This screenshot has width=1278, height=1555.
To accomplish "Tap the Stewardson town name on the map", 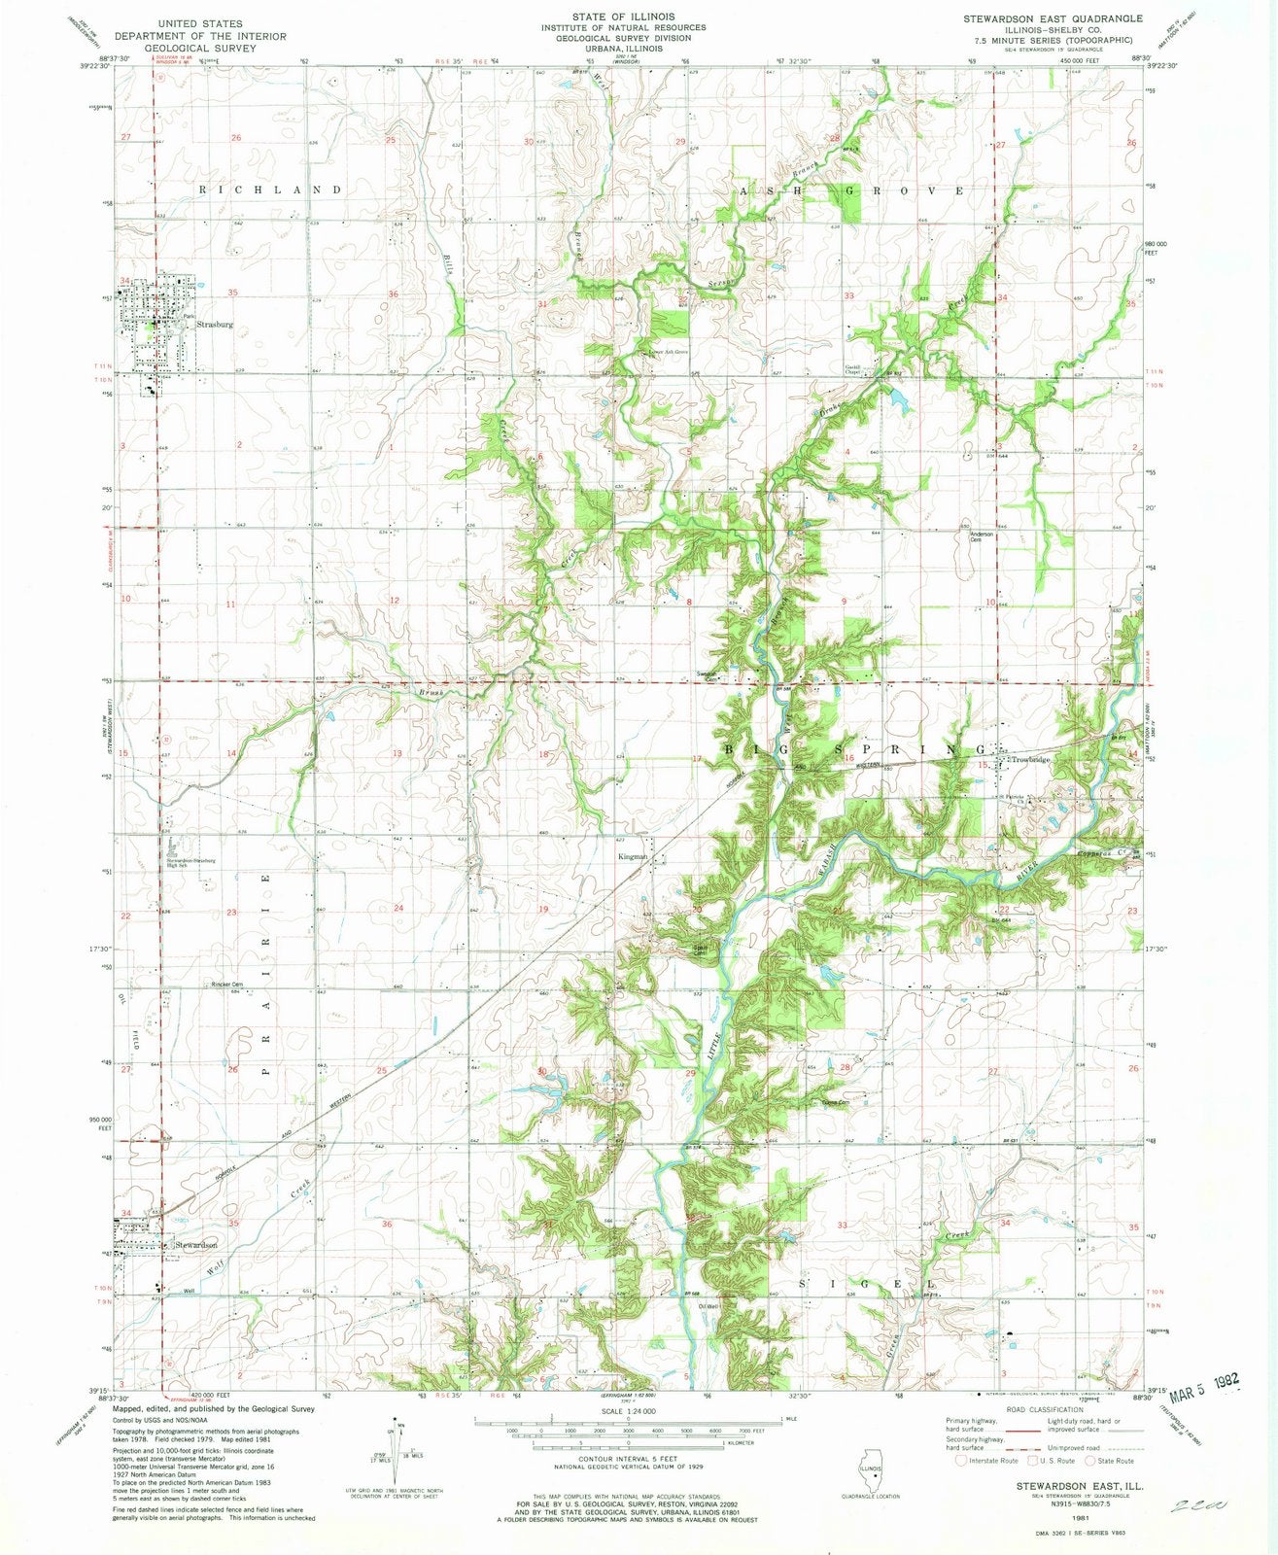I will pos(195,1244).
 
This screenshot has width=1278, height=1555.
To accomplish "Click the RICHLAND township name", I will pos(271,190).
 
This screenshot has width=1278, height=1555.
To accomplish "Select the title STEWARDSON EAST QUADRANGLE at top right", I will pos(1040,18).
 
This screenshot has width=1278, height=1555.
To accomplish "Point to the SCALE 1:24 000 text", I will pos(639,1410).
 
